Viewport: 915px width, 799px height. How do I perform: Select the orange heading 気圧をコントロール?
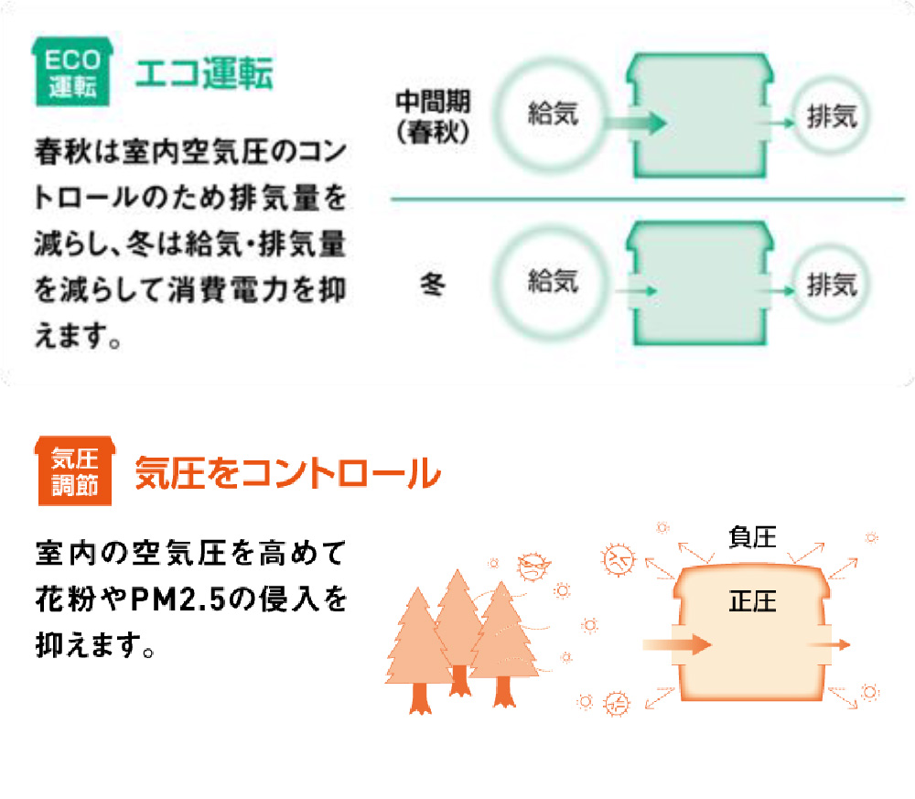pos(287,474)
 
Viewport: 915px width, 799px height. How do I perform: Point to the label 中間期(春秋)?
pos(433,114)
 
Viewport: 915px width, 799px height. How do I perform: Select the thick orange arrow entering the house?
pos(678,644)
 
